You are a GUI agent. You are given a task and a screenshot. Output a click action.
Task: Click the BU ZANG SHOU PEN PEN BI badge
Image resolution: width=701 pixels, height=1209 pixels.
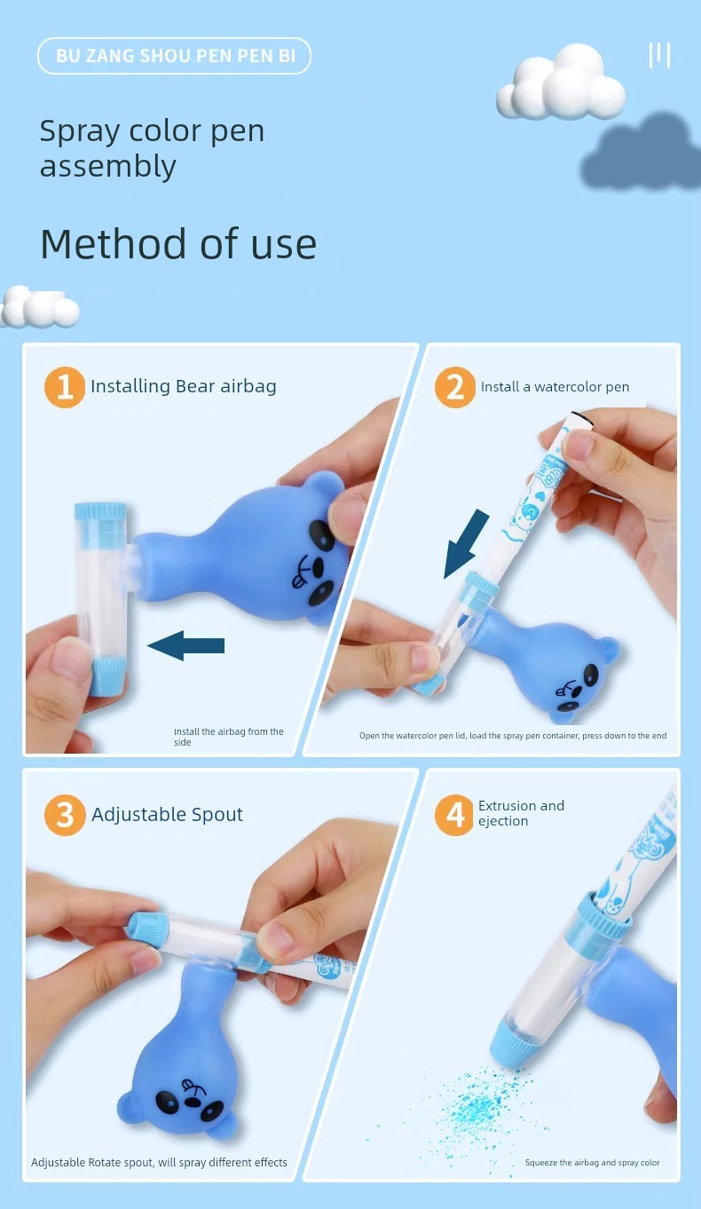pyautogui.click(x=174, y=56)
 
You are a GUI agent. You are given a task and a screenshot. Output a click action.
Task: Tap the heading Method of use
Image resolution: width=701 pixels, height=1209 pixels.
pyautogui.click(x=178, y=244)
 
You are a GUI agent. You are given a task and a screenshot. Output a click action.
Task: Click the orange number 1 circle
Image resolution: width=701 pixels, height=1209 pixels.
pyautogui.click(x=65, y=387)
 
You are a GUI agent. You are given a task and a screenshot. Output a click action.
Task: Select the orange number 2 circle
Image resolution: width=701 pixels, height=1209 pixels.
pyautogui.click(x=455, y=387)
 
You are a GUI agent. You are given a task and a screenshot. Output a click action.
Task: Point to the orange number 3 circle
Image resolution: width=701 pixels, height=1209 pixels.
pyautogui.click(x=65, y=815)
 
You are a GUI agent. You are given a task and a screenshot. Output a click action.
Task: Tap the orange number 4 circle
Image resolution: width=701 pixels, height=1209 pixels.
pyautogui.click(x=455, y=815)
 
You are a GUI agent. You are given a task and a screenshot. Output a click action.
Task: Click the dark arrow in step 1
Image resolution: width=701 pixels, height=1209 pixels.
pyautogui.click(x=186, y=645)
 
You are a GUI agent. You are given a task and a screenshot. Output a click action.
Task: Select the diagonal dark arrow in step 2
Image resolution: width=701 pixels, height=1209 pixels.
pyautogui.click(x=465, y=543)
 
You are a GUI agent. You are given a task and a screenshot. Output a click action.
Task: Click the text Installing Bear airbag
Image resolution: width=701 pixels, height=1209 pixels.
pyautogui.click(x=184, y=386)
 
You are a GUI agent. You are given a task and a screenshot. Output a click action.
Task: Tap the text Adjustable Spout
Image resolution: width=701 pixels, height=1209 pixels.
pyautogui.click(x=168, y=814)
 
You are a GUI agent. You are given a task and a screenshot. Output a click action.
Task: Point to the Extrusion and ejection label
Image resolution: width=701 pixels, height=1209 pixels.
pyautogui.click(x=521, y=813)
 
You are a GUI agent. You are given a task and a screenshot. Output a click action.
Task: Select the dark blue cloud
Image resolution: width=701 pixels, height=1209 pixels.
pyautogui.click(x=641, y=154)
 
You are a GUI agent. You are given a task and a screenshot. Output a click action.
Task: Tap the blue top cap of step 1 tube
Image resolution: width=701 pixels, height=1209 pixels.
pyautogui.click(x=100, y=511)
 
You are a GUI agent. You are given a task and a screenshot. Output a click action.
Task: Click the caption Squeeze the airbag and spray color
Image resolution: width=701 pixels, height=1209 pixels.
pyautogui.click(x=592, y=1162)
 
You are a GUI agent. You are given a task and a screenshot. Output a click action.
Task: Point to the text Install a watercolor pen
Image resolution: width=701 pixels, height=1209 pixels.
pyautogui.click(x=555, y=387)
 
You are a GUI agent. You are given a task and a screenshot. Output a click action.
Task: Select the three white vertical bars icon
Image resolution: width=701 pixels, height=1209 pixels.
pyautogui.click(x=659, y=55)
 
